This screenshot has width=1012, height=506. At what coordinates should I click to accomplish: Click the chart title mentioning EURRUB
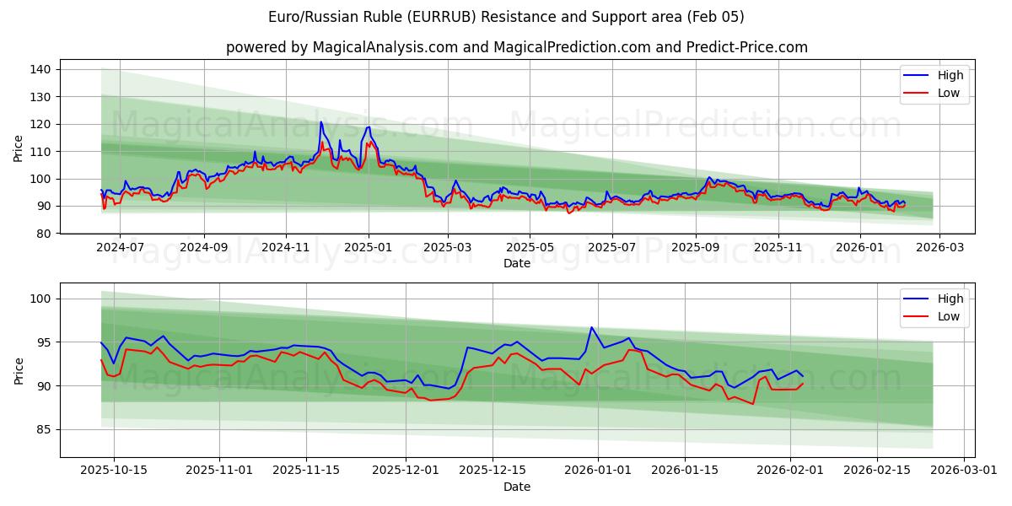506,17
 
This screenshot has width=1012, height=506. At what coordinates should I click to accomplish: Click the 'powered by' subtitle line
516,47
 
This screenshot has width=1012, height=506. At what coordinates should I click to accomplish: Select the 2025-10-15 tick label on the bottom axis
115,471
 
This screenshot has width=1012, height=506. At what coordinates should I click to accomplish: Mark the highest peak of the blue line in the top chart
321,122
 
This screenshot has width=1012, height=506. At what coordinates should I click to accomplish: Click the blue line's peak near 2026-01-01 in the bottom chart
591,327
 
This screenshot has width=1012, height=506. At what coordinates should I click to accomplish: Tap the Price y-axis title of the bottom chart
19,370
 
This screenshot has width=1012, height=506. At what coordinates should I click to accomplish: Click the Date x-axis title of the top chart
516,264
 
